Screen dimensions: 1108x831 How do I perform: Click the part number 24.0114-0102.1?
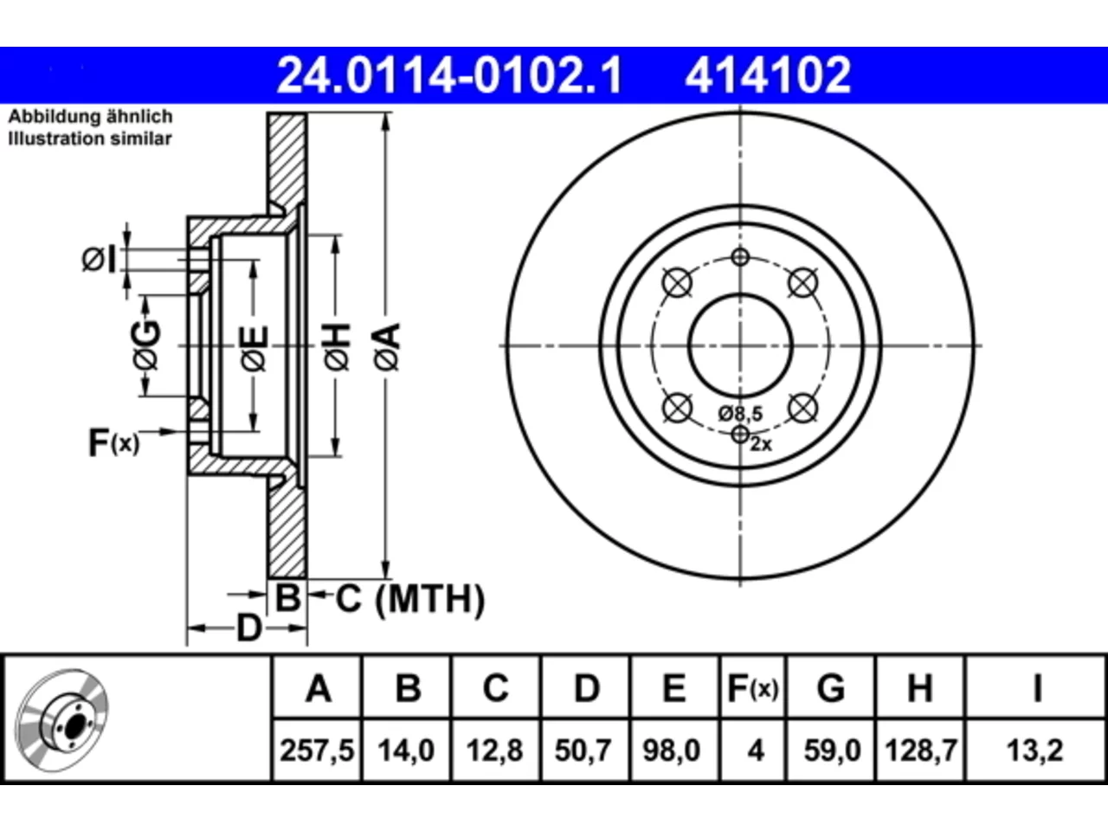pos(449,75)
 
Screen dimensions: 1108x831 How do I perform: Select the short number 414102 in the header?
pos(768,75)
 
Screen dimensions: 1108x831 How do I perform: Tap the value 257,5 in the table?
pos(317,750)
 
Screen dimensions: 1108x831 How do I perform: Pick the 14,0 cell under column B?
pos(406,750)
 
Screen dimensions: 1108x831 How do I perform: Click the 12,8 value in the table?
pos(494,750)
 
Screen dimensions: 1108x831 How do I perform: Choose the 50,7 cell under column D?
pos(583,750)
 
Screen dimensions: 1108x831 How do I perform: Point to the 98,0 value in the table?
pos(672,750)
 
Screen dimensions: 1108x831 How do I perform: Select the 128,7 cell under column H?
pos(921,750)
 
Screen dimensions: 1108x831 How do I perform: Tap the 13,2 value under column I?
pos(1034,750)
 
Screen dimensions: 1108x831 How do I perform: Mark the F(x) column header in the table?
pos(753,688)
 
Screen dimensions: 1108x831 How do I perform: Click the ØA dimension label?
pos(388,347)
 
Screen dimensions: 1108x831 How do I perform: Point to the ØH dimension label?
pos(338,347)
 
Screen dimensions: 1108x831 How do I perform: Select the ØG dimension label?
pos(146,345)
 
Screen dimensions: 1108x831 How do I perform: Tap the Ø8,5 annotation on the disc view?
pos(740,414)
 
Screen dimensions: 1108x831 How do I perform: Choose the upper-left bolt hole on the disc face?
pos(677,283)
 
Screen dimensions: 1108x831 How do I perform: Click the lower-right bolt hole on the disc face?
pos(802,408)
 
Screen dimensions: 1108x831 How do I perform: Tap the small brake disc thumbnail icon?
pos(61,720)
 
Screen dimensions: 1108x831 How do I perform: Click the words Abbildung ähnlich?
pos(90,117)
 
